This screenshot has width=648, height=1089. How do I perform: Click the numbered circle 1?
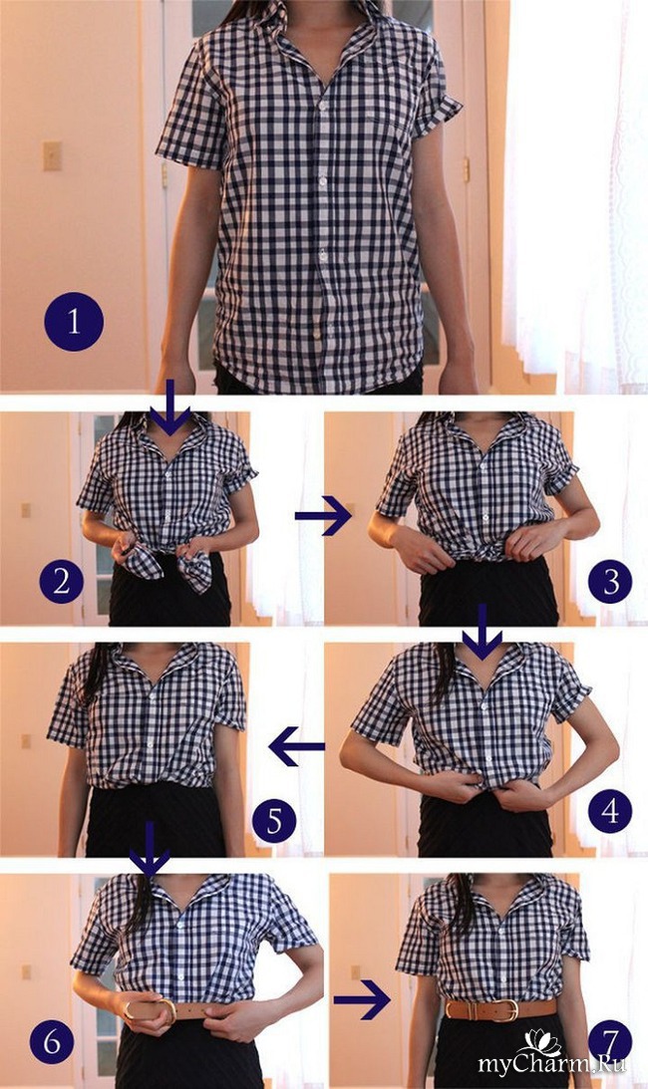coord(74,322)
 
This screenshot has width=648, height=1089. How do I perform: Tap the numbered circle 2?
coord(61,581)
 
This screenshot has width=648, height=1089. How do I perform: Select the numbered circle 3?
coord(610,581)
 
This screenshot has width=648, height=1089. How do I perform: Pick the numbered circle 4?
coord(610,810)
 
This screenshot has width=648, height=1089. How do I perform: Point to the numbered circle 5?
coord(274,820)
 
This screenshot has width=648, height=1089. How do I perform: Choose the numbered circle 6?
coord(52,1042)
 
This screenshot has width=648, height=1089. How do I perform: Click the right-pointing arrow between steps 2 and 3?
coord(323,515)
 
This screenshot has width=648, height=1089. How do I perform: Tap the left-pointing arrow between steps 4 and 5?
coord(297,746)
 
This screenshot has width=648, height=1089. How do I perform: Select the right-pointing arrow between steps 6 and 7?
coord(362,1000)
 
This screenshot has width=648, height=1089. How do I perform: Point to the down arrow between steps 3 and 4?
coord(482,632)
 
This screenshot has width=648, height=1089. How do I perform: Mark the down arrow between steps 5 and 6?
coord(150,848)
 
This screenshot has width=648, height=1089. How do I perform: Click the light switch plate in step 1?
coord(52,155)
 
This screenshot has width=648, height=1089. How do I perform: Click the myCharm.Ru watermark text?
coord(552,1063)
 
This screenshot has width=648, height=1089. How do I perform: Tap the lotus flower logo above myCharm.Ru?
coord(542,1042)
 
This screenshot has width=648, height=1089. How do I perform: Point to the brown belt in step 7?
coord(500,1010)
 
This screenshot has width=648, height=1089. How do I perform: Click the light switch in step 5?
coord(26,741)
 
